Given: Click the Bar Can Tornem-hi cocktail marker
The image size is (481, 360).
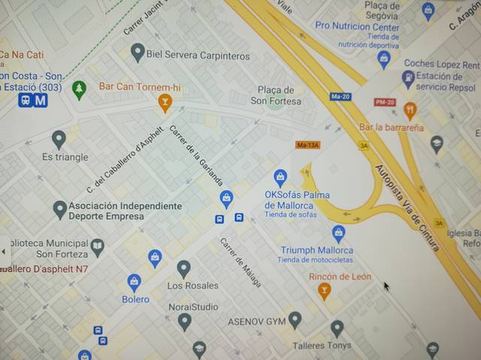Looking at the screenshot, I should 165,101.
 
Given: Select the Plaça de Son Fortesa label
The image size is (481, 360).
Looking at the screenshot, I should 276,95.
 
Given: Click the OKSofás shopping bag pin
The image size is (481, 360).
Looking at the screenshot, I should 280,177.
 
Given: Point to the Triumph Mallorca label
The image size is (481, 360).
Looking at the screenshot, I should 316,250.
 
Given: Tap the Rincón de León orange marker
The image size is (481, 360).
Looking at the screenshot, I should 325,290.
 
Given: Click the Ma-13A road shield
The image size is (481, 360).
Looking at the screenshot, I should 307,144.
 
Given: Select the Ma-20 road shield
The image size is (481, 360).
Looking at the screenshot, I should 340,96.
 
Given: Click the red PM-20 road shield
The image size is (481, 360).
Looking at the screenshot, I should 385,101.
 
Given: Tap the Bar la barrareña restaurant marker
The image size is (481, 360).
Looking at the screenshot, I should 410,110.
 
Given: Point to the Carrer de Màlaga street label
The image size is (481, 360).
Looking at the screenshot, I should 240,262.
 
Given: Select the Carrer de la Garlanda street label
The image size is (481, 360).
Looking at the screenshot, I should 196,157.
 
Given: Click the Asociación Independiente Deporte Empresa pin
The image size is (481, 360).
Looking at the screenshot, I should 59,209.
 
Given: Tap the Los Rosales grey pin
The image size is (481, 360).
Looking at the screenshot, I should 183,268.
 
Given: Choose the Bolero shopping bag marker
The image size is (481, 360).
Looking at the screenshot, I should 134,282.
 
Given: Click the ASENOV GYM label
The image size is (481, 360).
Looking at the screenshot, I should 256,322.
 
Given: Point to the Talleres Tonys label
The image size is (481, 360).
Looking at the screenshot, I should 322,346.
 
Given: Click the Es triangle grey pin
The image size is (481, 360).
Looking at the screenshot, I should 59,139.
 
